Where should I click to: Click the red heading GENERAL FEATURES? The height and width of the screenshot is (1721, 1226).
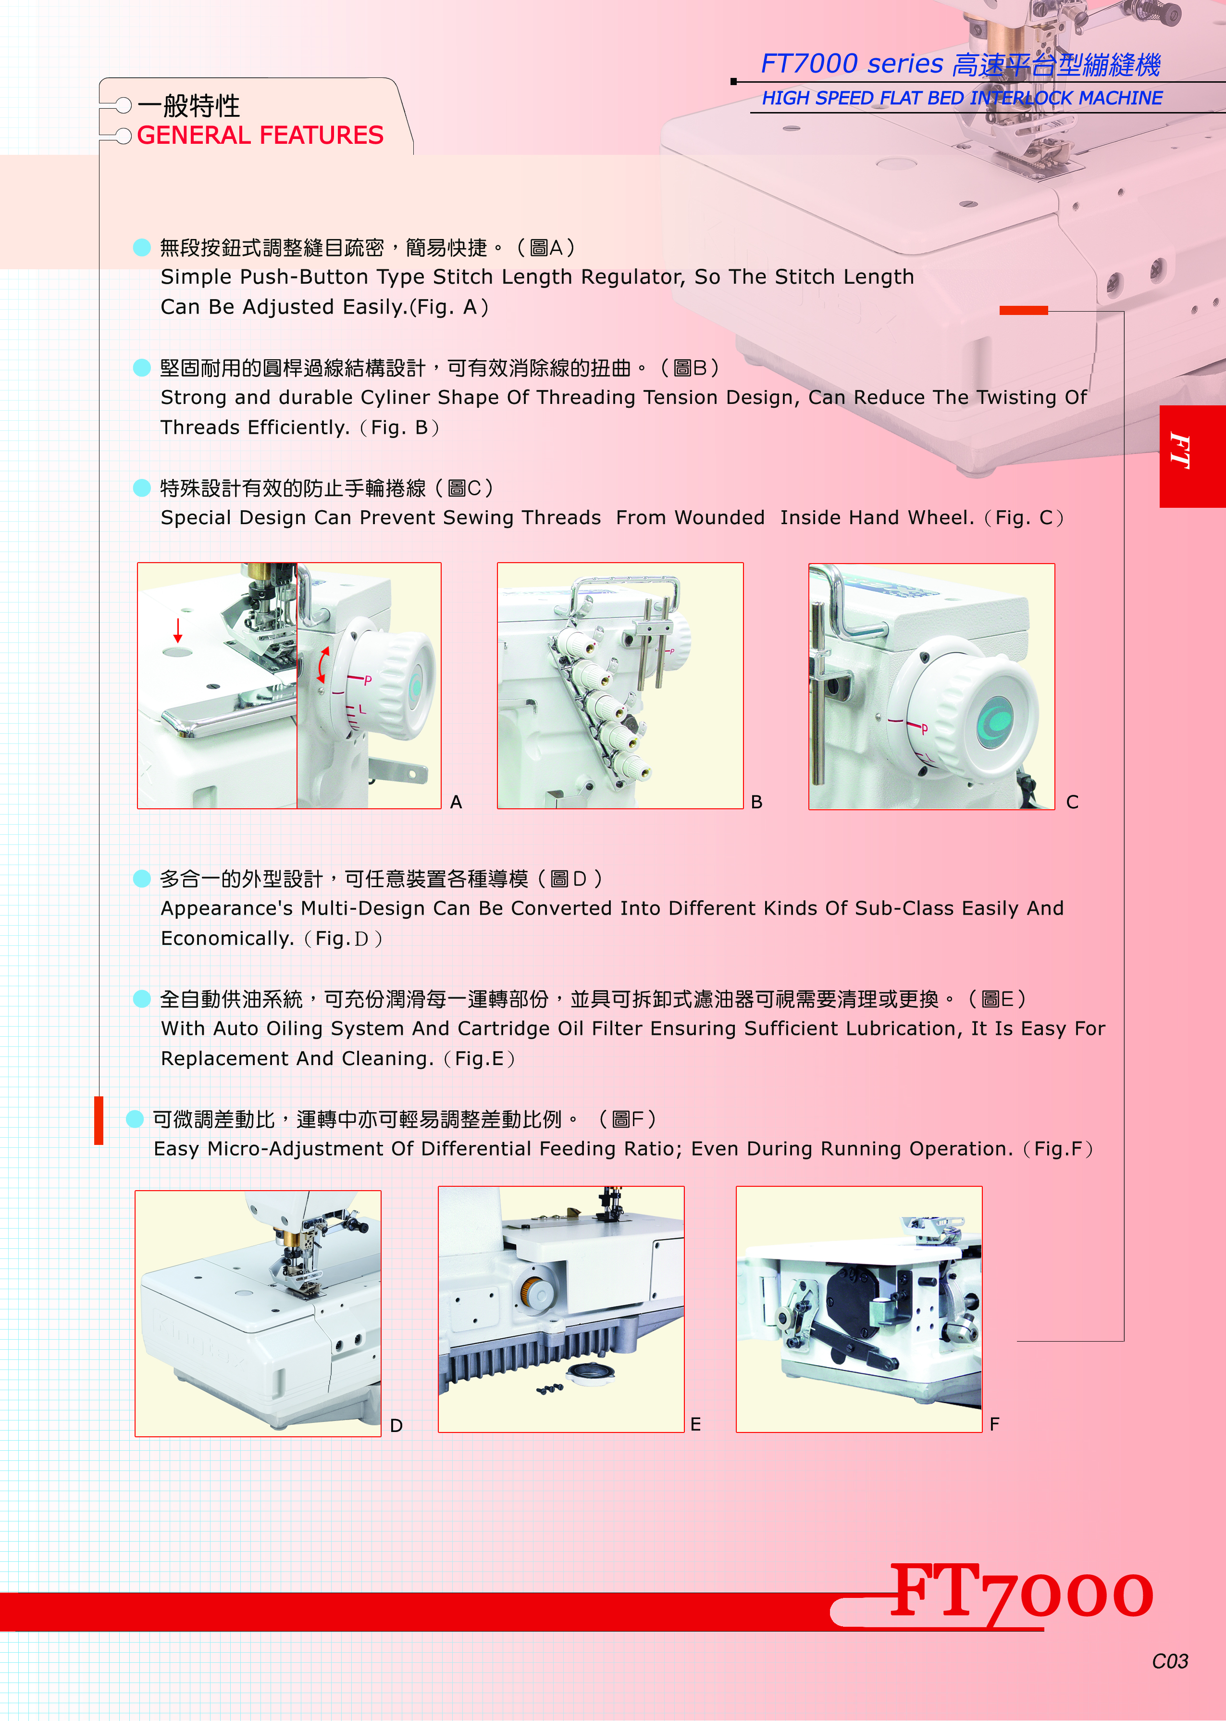(x=260, y=135)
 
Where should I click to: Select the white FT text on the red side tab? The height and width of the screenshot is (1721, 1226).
(x=1180, y=452)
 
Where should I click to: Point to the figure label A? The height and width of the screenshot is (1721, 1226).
(x=456, y=802)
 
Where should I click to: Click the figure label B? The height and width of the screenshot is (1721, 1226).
(x=756, y=802)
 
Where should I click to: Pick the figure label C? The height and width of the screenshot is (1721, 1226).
(x=1072, y=802)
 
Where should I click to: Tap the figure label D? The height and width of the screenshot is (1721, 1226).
(x=396, y=1426)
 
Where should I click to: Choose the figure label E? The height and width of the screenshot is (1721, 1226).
(x=695, y=1424)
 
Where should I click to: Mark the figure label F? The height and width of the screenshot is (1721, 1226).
(x=994, y=1424)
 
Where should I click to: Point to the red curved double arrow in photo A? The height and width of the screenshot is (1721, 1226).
(x=323, y=665)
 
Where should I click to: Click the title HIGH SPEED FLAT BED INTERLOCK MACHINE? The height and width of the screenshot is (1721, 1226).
(x=962, y=98)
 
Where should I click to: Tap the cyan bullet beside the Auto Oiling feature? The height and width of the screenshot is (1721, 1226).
(x=142, y=999)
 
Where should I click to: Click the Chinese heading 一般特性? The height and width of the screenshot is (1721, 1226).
(x=189, y=106)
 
